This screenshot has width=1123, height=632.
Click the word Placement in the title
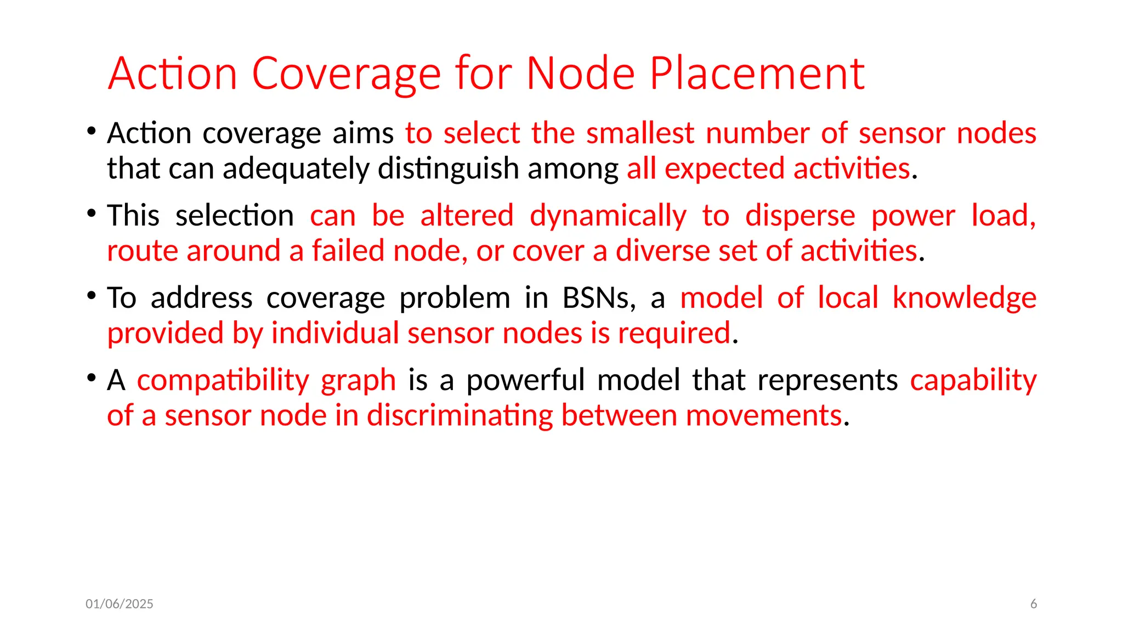pos(757,74)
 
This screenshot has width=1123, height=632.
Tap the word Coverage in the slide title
pos(347,74)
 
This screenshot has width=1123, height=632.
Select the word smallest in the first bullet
pos(640,133)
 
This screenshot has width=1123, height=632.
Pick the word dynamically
pos(608,216)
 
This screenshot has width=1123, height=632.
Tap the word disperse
pos(800,216)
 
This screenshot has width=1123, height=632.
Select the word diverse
pos(662,251)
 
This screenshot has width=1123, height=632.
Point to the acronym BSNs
pos(599,298)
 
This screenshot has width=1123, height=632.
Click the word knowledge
pos(964,298)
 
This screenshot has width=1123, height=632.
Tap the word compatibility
pos(223,380)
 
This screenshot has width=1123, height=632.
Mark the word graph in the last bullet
pos(358,380)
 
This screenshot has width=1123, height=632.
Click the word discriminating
pos(460,415)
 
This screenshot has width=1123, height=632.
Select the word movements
pos(763,415)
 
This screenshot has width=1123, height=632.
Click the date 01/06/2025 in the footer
pos(120,604)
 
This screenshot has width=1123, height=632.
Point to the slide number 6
pos(1034,604)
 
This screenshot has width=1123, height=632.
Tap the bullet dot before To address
pos(92,296)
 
